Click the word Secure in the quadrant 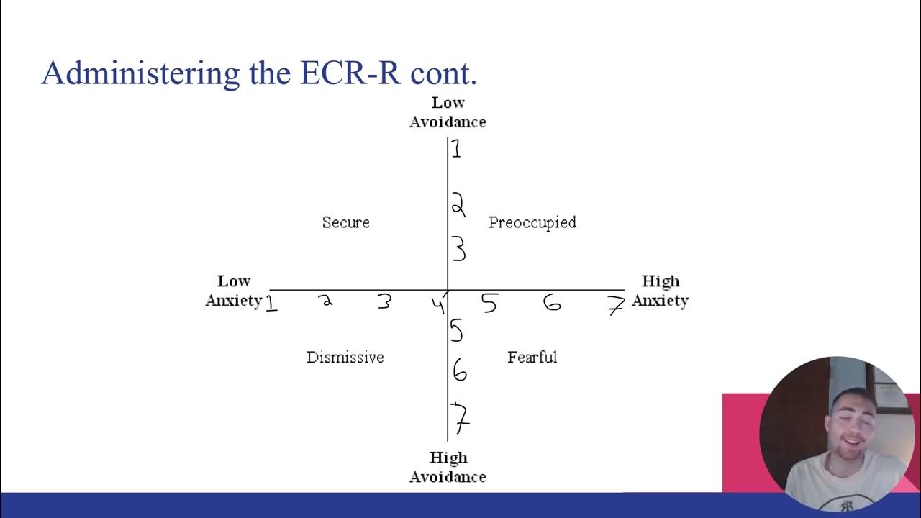click(346, 222)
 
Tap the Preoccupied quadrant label click(532, 222)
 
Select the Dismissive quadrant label click(345, 357)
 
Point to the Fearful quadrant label click(532, 357)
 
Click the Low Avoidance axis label click(448, 112)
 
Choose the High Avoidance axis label click(448, 467)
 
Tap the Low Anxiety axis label click(234, 291)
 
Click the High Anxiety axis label click(660, 291)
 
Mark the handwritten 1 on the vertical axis click(456, 150)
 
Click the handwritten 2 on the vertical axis click(458, 205)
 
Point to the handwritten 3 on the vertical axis click(458, 250)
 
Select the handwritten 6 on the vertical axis click(459, 372)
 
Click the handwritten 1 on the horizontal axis click(271, 304)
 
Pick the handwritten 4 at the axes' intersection click(438, 305)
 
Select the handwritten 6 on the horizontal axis click(552, 303)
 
